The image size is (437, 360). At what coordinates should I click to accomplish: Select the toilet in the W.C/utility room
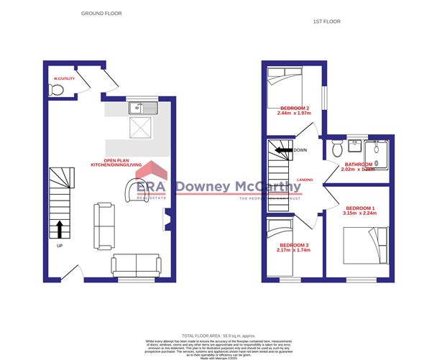[x=57, y=89]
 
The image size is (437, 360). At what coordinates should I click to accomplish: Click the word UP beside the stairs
[x=59, y=246]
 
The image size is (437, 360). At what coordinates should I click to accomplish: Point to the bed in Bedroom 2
[x=285, y=83]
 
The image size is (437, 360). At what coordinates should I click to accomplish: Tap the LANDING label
[x=305, y=180]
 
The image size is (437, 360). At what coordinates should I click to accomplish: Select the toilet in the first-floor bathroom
[x=336, y=149]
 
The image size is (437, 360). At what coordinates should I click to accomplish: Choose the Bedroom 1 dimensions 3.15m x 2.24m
[x=360, y=213]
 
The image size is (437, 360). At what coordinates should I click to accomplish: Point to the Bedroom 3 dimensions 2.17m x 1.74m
[x=293, y=251]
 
